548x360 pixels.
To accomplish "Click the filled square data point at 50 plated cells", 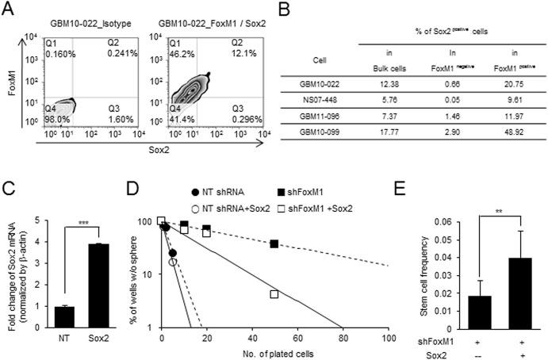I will [274, 244].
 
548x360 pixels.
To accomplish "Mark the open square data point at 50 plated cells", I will [274, 294].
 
